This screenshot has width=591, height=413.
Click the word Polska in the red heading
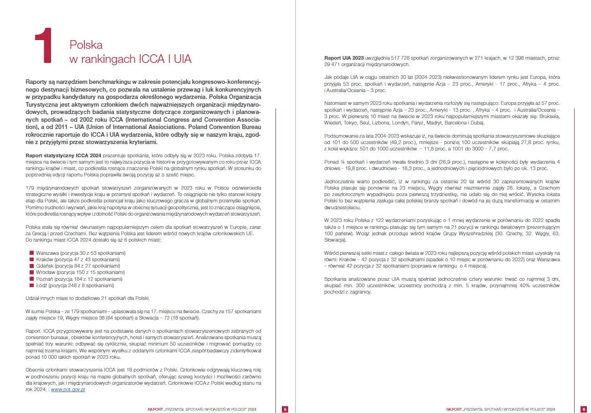pos(86,45)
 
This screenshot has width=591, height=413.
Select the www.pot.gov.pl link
pos(68,390)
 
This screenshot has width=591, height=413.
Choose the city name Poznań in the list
pos(45,279)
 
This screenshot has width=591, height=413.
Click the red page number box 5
pos(285,409)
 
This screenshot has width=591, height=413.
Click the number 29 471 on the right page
pos(333,65)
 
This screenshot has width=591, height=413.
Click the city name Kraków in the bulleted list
pos(44,259)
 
